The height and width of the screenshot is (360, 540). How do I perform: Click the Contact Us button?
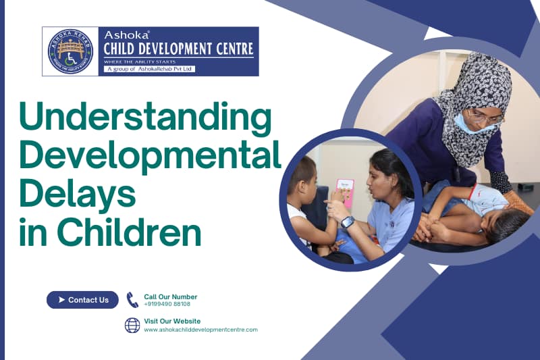coord(82,300)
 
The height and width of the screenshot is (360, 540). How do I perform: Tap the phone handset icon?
coord(132,300)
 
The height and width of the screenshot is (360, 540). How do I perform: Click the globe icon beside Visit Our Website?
coord(132,325)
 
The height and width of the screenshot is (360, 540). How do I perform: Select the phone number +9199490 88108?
coord(167,305)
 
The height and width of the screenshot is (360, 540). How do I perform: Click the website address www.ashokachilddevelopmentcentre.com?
coord(200,330)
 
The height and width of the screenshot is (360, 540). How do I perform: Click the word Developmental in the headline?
coord(150,155)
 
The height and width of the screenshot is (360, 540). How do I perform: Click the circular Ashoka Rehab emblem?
coord(70,51)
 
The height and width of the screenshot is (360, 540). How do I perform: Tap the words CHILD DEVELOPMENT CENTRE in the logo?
coord(178,49)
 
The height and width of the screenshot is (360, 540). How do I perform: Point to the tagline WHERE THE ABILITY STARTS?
coord(138,61)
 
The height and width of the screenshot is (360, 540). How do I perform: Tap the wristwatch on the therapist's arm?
coord(347,222)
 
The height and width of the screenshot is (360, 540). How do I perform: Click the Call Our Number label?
coord(170,297)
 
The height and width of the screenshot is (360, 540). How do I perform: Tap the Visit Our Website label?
coord(172,321)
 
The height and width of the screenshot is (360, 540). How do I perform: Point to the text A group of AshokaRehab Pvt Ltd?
coord(149,69)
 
